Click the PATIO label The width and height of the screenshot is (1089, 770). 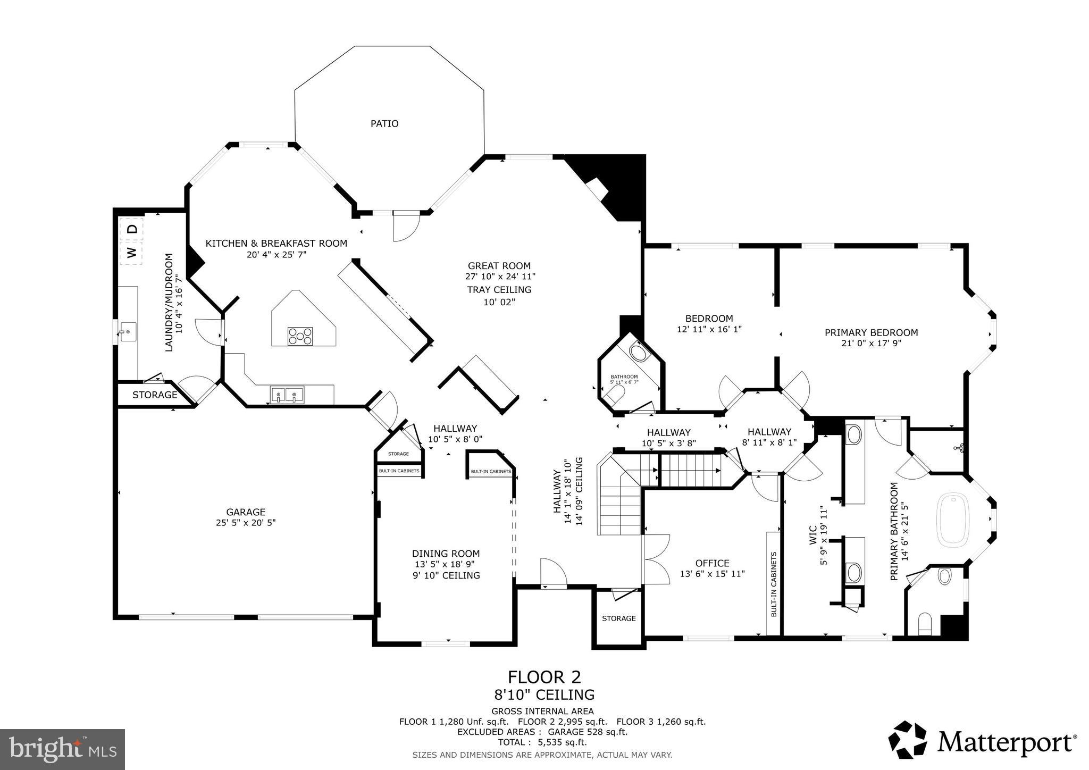coord(384,123)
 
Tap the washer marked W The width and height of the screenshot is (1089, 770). coord(131,252)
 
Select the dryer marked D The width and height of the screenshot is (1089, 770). coord(133,229)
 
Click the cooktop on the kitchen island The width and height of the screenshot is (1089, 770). coord(300,336)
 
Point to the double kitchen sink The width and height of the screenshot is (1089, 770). coord(287,395)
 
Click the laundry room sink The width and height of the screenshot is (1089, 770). coord(128,332)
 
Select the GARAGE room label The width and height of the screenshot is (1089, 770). coord(245,512)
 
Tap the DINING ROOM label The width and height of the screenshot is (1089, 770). coord(446,554)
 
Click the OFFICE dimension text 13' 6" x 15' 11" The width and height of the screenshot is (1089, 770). coord(712,574)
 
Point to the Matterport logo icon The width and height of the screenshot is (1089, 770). coord(908,740)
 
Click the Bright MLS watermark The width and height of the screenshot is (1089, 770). coord(62,749)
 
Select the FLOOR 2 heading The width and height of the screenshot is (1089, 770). coord(544,677)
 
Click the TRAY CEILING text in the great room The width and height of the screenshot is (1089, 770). coord(499,290)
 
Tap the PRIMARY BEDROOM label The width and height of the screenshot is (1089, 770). coord(871,332)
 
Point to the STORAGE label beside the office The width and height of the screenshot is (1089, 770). coord(618,618)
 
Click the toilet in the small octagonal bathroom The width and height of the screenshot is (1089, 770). coord(616,394)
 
